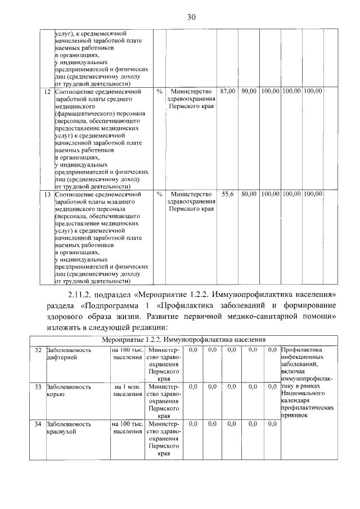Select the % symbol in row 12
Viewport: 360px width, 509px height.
(159, 91)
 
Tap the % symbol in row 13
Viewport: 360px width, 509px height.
(159, 194)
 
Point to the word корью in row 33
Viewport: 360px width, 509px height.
(57, 394)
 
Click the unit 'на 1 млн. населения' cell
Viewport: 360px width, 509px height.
(127, 390)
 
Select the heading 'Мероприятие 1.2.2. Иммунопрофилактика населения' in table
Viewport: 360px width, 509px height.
(184, 340)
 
